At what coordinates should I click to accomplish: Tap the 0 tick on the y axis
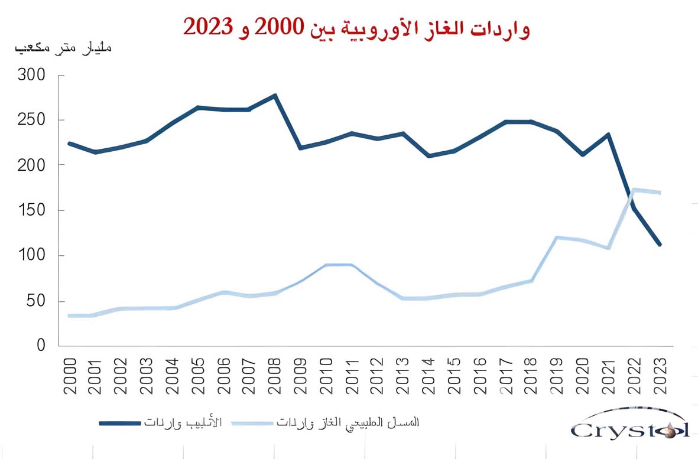[41, 346]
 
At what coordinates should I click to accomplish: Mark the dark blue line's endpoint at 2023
[660, 245]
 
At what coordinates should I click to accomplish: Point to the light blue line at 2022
[634, 190]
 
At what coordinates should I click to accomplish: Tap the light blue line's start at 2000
[70, 315]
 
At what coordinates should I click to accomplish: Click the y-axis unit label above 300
[63, 48]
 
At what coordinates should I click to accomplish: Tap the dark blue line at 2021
[609, 134]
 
